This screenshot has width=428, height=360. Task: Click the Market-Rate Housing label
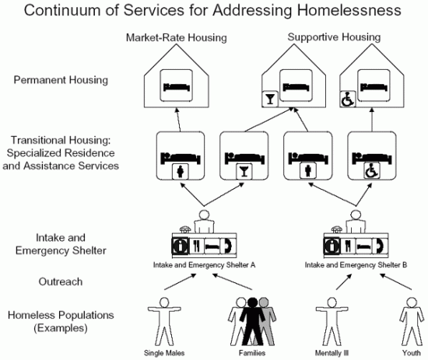(177, 37)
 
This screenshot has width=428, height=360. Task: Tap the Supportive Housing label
(334, 37)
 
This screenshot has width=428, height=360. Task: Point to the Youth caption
(412, 353)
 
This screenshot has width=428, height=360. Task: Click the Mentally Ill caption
(332, 353)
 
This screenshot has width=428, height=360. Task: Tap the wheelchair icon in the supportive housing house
(348, 99)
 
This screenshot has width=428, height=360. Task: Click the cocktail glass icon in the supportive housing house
(270, 99)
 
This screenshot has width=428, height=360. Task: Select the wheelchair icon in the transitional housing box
(371, 171)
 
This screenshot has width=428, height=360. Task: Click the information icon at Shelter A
(180, 246)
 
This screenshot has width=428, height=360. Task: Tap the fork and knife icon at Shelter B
(348, 246)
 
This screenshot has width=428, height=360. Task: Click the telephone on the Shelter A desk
(185, 229)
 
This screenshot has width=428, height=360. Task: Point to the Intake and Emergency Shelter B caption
(356, 265)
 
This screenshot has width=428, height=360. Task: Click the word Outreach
(61, 281)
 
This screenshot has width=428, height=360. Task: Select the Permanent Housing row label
(61, 80)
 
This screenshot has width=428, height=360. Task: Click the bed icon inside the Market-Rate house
(177, 87)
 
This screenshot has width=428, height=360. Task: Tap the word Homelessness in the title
(349, 10)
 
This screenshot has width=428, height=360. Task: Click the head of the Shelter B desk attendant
(356, 215)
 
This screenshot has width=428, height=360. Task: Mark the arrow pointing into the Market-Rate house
(178, 120)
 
